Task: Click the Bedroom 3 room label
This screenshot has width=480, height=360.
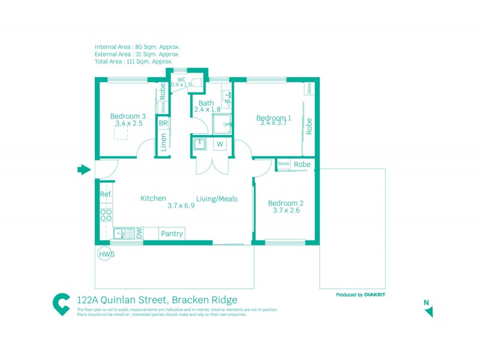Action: point(128,116)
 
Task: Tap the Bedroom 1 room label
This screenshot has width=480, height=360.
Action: point(274,117)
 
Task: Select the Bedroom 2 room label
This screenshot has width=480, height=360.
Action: point(286,203)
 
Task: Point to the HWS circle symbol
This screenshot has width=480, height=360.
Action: point(106,254)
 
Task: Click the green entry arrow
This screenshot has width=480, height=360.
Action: point(83,170)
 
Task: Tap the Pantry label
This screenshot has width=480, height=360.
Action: point(172,234)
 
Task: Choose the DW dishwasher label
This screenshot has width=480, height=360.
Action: point(139,233)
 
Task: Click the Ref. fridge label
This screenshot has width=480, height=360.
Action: point(106,194)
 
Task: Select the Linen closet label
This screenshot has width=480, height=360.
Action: point(163,144)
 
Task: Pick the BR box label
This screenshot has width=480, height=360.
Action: point(163,123)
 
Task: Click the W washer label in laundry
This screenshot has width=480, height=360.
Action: point(220,144)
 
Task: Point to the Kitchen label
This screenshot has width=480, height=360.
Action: point(153,198)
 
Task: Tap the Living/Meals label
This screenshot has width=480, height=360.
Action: point(217,199)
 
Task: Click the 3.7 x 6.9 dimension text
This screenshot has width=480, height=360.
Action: point(181,206)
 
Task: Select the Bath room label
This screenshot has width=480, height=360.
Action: point(206,103)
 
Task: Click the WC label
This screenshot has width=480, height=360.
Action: point(181,79)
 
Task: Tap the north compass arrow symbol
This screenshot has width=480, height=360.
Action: point(428,311)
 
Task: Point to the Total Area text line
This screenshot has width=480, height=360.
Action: point(134,61)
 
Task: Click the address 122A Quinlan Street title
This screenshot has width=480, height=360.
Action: point(157,300)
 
